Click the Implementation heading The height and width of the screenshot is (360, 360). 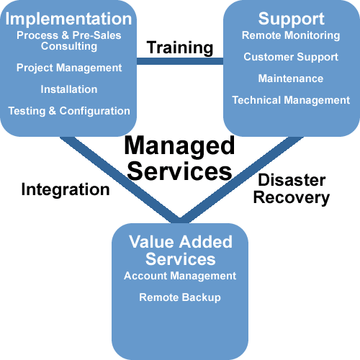[68, 19]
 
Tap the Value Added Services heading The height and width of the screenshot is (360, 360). [181, 250]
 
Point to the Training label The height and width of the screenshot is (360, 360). [180, 48]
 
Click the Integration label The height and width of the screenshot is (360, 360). [66, 190]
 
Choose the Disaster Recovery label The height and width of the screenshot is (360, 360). [292, 189]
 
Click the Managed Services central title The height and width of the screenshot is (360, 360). [179, 158]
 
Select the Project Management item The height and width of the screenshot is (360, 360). [69, 68]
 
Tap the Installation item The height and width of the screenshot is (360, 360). [69, 89]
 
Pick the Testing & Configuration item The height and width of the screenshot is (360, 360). [69, 112]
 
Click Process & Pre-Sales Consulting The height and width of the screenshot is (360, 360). [69, 41]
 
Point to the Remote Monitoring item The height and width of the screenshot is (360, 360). [291, 36]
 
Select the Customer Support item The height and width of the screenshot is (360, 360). [291, 58]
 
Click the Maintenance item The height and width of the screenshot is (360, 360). [291, 78]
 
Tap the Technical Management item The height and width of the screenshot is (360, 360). [291, 101]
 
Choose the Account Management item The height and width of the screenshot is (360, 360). [180, 276]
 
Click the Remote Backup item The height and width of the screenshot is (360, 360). [180, 298]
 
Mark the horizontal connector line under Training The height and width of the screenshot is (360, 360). [180, 61]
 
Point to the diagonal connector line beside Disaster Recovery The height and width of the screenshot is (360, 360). [241, 180]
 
